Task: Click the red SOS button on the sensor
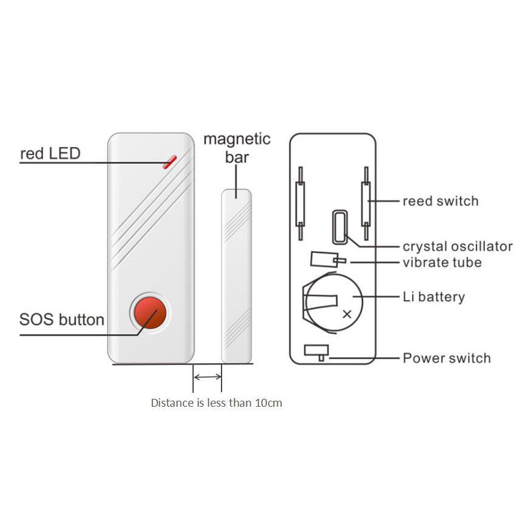(x=150, y=313)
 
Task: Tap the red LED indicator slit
(x=169, y=162)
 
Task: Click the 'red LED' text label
(x=50, y=154)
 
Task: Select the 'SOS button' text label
(x=62, y=320)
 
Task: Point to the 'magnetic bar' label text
(x=237, y=148)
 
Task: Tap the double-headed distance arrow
(x=208, y=377)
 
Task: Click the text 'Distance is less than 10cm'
(x=216, y=403)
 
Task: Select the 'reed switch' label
(x=441, y=201)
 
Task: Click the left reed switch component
(x=300, y=203)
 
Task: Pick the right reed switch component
(x=366, y=203)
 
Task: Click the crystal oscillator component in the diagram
(x=340, y=227)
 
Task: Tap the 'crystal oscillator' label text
(x=458, y=246)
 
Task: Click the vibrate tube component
(x=327, y=260)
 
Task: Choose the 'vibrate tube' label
(x=442, y=263)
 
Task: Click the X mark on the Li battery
(x=347, y=314)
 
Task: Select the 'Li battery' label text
(x=434, y=297)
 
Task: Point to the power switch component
(x=317, y=352)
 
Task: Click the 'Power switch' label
(x=447, y=358)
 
